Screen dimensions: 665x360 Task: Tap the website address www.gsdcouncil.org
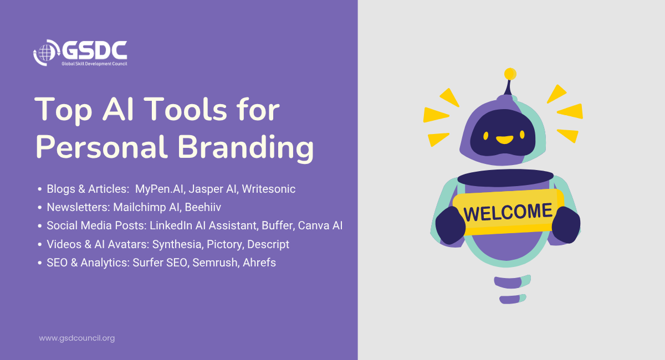coord(77,338)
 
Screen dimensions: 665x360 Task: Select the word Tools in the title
coord(187,109)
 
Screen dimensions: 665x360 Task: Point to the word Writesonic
coord(268,189)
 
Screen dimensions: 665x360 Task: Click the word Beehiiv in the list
coord(203,207)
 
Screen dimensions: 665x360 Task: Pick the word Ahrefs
coord(259,263)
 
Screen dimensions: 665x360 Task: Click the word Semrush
coord(215,263)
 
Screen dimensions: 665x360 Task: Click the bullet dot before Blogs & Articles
coord(40,189)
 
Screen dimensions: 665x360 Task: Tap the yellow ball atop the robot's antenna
coord(510,74)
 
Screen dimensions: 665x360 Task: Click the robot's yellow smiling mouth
coord(504,140)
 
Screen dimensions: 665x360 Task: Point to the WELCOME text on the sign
coord(508,212)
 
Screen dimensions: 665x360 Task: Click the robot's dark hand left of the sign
coord(450,225)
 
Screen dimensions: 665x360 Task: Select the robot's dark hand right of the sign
coord(566,225)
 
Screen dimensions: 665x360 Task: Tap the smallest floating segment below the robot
coord(513,299)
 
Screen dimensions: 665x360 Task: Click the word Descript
coord(268,244)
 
